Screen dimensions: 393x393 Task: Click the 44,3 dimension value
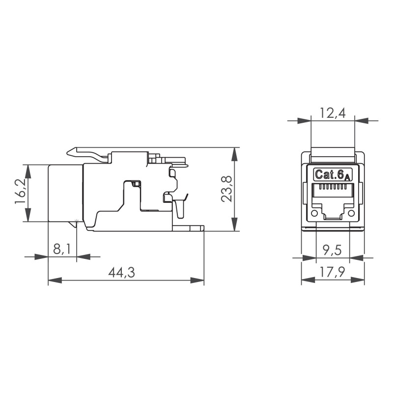[121, 273]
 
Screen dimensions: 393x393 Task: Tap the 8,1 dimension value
[62, 249]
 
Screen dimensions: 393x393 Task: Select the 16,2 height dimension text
[21, 191]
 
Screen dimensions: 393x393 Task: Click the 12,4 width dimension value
[333, 113]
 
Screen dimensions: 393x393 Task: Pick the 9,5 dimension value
[332, 250]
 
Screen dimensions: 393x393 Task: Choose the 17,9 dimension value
[333, 272]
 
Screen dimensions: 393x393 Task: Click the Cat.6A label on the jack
[333, 174]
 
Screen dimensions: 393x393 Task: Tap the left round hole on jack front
[314, 213]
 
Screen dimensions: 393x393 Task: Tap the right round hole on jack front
[351, 213]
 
